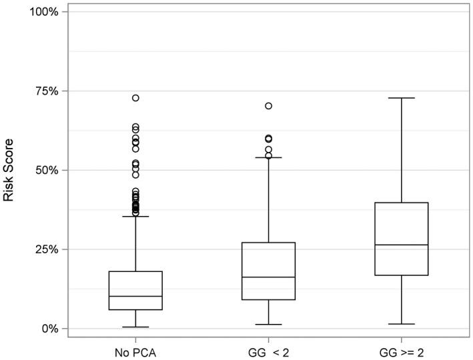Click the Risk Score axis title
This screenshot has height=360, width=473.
9,170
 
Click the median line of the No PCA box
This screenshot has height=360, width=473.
135,296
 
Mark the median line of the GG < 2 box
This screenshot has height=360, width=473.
268,277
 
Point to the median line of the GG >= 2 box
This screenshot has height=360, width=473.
401,245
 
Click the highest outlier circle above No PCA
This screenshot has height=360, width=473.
135,98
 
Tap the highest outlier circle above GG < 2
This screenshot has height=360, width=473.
268,106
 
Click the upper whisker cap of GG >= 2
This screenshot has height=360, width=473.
401,98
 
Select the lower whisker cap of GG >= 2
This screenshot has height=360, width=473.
401,324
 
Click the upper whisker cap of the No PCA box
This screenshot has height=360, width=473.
135,216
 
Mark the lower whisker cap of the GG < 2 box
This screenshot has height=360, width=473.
268,325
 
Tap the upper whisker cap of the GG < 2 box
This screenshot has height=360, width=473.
268,157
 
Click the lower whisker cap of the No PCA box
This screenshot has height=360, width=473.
135,327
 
